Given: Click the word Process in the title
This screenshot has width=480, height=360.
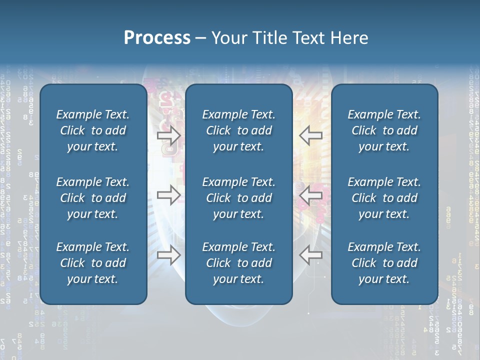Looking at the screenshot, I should coord(157,38).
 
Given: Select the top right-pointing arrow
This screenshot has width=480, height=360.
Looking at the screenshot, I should coord(168,135).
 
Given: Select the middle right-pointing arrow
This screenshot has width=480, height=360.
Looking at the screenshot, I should coord(168,195).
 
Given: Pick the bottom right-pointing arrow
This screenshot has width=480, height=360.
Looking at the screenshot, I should coord(168,255).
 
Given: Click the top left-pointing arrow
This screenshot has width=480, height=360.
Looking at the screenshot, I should coord(311,135).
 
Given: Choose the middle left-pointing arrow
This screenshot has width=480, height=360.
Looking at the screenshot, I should coord(311,195).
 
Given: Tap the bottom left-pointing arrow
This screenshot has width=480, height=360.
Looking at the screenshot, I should coord(311,255).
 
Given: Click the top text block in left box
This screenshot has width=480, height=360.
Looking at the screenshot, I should coord(93,130).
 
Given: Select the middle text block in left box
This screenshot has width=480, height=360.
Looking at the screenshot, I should coord(93,198).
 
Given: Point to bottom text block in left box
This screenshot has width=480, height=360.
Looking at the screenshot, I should coord(93,263).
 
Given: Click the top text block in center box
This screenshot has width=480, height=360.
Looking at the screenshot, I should coord(239,130).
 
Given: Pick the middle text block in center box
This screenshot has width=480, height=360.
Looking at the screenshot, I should coord(239,198).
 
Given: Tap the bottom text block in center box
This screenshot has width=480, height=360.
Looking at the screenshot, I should coord(239,263).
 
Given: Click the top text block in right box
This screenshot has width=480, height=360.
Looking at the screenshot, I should coord(384,130).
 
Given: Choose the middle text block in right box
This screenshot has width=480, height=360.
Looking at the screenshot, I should coord(384,198).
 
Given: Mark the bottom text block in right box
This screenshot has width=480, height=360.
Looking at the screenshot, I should coord(384,263).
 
